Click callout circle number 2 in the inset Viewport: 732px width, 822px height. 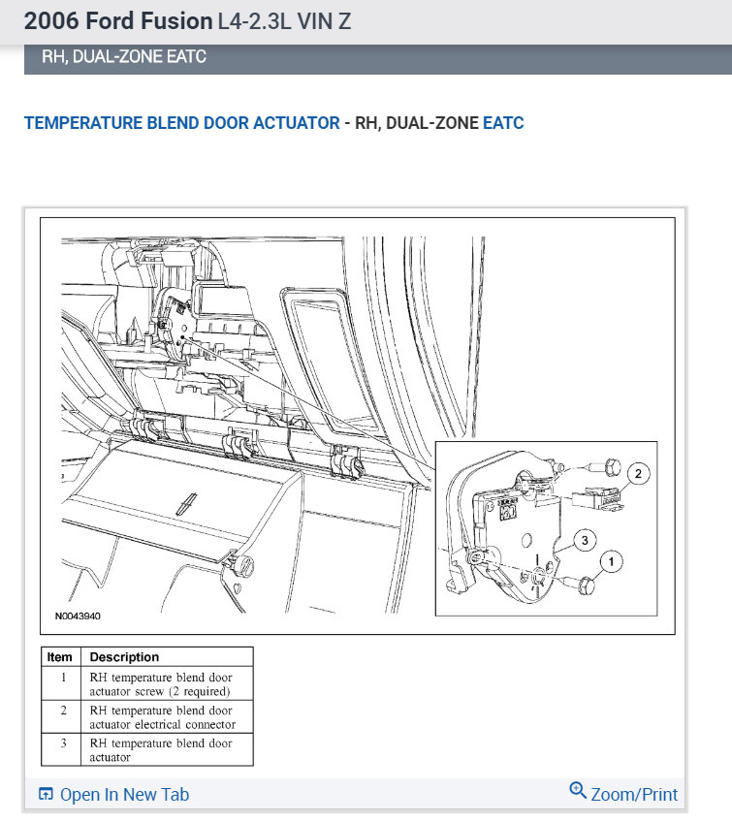pos(638,474)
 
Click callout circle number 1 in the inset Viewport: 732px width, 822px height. pos(611,559)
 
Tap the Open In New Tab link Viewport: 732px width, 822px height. pos(124,795)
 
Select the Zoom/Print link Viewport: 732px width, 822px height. pos(634,795)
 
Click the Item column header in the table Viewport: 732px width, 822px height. pos(60,657)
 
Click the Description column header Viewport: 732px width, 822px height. pos(125,657)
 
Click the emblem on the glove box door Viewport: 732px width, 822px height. pos(181,503)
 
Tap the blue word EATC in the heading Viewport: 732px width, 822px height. pos(503,123)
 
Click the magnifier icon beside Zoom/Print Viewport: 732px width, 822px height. pos(578,792)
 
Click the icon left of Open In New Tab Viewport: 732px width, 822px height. pos(46,795)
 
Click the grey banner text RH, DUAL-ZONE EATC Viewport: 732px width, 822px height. pos(124,57)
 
